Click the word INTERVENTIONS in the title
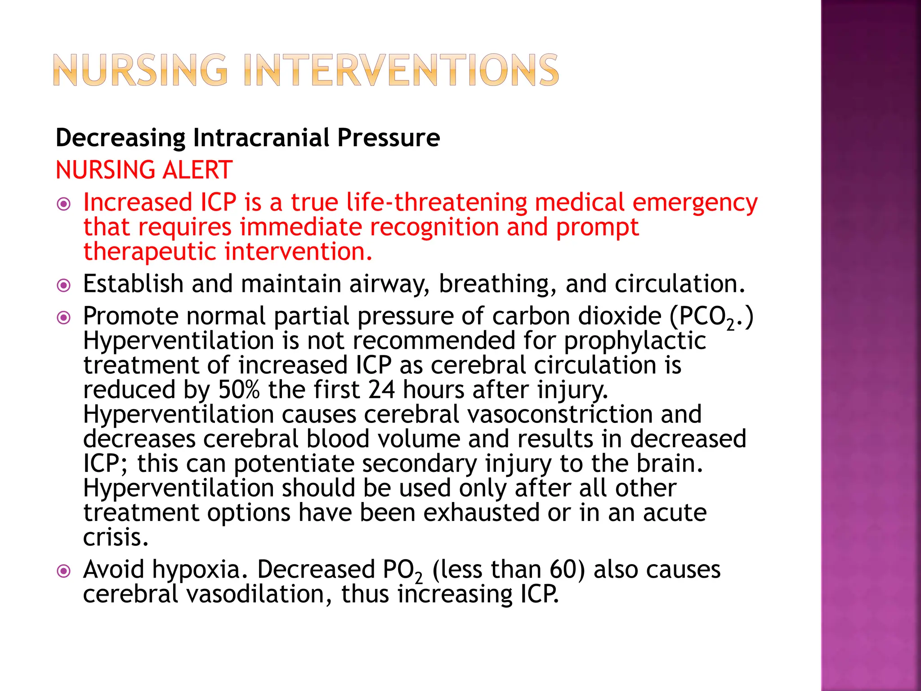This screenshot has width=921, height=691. click(x=401, y=70)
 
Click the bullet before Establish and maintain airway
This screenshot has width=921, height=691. click(x=64, y=285)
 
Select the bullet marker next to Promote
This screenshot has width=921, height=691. click(x=64, y=318)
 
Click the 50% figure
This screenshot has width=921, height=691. click(x=239, y=390)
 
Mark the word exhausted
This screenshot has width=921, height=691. click(x=481, y=513)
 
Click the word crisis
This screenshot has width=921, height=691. click(x=115, y=537)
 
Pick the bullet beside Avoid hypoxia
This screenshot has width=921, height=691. click(x=64, y=571)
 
